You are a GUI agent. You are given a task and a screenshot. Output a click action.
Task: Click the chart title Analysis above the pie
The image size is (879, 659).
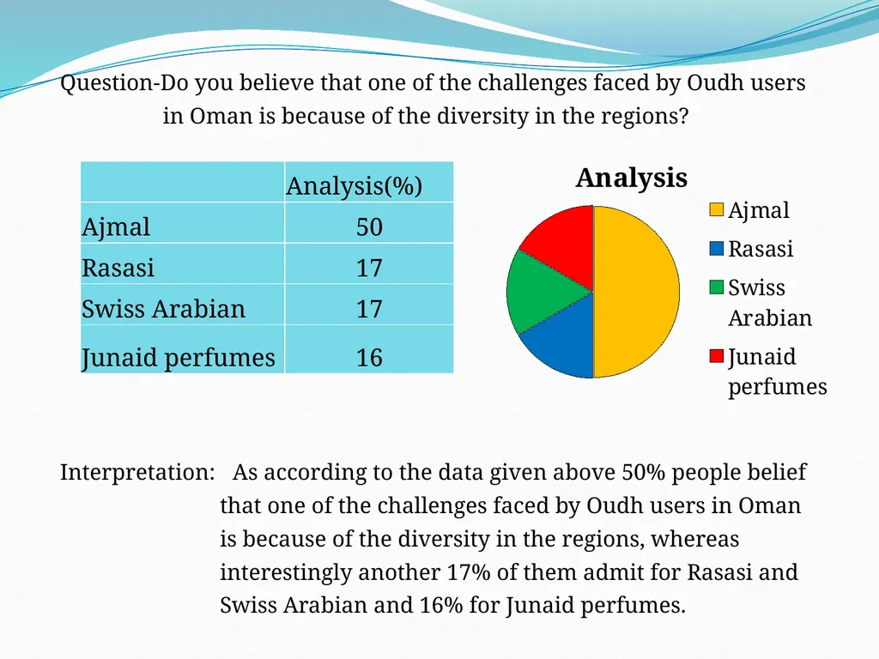pyautogui.click(x=631, y=178)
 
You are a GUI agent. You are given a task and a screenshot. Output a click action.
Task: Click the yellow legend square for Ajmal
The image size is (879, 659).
pyautogui.click(x=716, y=209)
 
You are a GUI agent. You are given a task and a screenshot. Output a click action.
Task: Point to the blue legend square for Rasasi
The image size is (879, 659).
pyautogui.click(x=716, y=248)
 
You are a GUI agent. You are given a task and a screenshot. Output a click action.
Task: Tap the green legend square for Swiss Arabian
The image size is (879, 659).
pyautogui.click(x=716, y=287)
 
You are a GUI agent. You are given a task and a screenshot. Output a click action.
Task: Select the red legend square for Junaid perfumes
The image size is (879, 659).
pyautogui.click(x=716, y=356)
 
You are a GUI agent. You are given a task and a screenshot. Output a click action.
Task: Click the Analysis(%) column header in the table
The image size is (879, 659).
pyautogui.click(x=355, y=185)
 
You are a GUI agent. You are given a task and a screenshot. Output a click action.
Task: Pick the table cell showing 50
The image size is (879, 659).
pyautogui.click(x=369, y=227)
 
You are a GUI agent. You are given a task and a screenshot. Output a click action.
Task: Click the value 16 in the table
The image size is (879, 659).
pyautogui.click(x=369, y=358)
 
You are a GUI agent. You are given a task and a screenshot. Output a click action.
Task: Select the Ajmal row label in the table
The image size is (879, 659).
pyautogui.click(x=116, y=227)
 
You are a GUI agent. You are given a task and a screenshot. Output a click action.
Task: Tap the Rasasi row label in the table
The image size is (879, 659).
pyautogui.click(x=118, y=268)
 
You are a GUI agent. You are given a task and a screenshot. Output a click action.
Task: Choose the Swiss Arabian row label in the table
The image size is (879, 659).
pyautogui.click(x=164, y=309)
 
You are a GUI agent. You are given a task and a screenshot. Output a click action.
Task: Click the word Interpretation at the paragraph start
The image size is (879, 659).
pyautogui.click(x=136, y=473)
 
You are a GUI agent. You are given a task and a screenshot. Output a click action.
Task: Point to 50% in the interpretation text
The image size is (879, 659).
pyautogui.click(x=644, y=473)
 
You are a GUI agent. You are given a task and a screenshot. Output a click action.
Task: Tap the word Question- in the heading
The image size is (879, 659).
pyautogui.click(x=110, y=83)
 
